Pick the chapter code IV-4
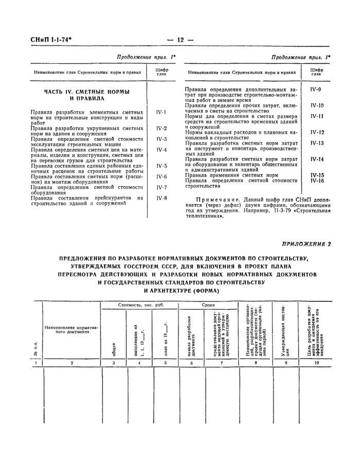click(x=161, y=150)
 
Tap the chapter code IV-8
click(x=161, y=198)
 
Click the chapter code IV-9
click(x=316, y=90)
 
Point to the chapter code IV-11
click(x=316, y=116)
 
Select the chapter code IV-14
click(x=316, y=159)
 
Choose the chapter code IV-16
click(x=316, y=181)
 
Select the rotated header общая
click(x=114, y=350)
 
